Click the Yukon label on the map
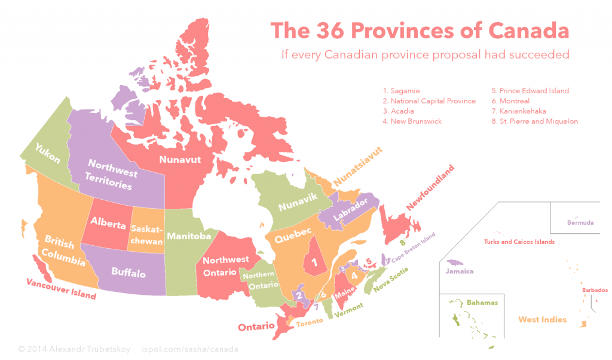47,154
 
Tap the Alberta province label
108,222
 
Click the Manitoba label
189,236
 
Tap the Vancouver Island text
60,289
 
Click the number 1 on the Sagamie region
314,261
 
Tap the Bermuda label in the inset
580,222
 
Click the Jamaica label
460,271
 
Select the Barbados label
595,291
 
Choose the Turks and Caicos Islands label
519,242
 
